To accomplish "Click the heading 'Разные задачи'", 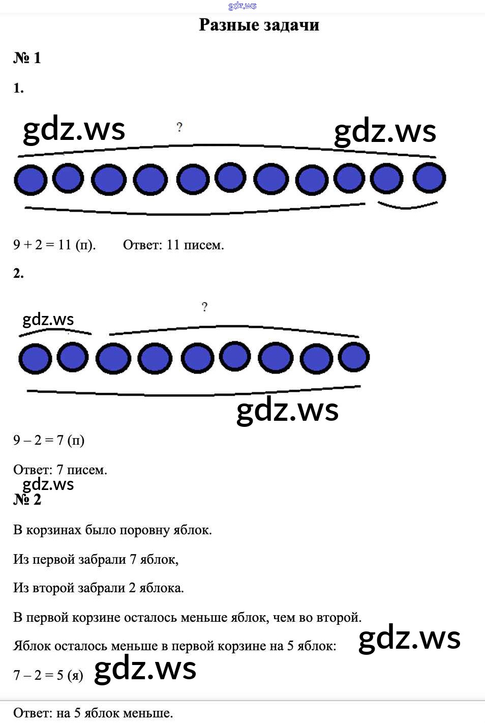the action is (x=259, y=25).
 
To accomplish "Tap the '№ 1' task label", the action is (x=27, y=58).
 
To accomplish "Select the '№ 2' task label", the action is (x=27, y=499).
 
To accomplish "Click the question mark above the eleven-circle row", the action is (x=179, y=127).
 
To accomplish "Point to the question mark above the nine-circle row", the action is (x=204, y=306).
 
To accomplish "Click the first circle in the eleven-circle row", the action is (x=31, y=180).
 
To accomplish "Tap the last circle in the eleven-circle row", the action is (x=429, y=178).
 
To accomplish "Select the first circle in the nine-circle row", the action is (x=35, y=359).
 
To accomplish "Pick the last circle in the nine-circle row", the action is (x=354, y=357).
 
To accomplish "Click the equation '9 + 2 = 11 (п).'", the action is (x=54, y=245).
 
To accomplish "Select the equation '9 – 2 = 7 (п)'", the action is (x=49, y=440).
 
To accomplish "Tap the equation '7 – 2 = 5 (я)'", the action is (x=48, y=675).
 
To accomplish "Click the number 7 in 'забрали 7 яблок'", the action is (x=133, y=559).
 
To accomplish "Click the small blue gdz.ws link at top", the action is (x=242, y=6).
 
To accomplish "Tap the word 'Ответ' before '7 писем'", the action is (x=33, y=470).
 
